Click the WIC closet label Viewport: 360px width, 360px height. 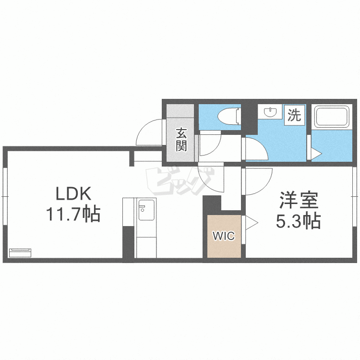click(224, 236)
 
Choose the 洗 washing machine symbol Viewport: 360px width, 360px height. click(294, 115)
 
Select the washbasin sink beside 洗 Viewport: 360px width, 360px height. click(271, 112)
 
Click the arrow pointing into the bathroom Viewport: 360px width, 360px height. click(316, 154)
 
